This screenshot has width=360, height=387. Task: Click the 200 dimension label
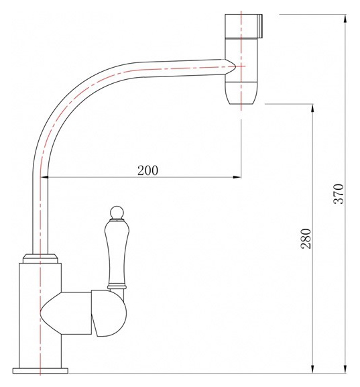[147, 170]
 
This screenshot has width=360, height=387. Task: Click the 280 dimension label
[306, 238]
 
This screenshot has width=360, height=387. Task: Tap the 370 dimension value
[339, 194]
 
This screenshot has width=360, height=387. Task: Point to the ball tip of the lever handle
[117, 212]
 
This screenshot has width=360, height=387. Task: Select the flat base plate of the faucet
[40, 371]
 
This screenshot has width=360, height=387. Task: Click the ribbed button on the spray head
[259, 26]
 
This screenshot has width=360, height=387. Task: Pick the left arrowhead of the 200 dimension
[44, 177]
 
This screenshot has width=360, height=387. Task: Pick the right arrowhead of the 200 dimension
[237, 177]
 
